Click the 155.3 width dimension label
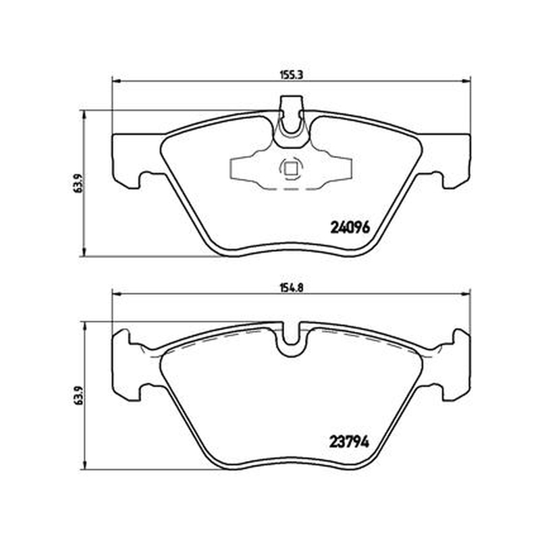point(292,76)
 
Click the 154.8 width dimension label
point(292,288)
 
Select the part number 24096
point(350,227)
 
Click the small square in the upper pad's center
point(292,169)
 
